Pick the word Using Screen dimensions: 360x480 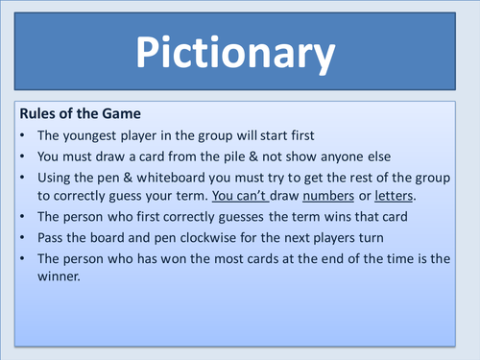[x=57, y=177]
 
